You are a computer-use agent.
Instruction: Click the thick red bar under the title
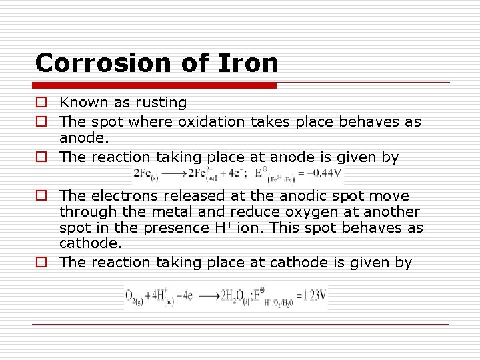click(x=155, y=85)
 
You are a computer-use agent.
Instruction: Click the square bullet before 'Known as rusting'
click(x=41, y=103)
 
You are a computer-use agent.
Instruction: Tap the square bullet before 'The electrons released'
click(x=41, y=196)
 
